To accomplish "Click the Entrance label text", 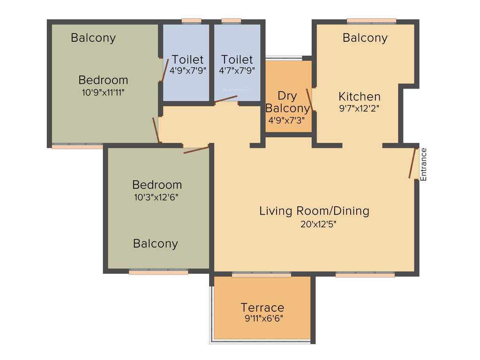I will click(x=424, y=164).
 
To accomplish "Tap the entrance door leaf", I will click(x=413, y=163).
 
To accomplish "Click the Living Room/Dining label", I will click(x=314, y=211).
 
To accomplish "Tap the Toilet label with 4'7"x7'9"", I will click(x=237, y=60).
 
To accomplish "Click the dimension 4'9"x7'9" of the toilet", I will click(x=187, y=71).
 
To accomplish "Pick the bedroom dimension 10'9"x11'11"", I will click(x=103, y=92).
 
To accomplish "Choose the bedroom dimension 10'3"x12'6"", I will click(x=156, y=197).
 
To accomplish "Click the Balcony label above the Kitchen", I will click(x=365, y=38).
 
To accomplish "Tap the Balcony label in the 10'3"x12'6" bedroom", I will click(x=156, y=244).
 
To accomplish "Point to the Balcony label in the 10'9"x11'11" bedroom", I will click(x=93, y=38).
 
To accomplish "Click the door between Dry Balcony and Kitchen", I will click(x=309, y=99).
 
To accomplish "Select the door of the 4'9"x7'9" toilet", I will click(x=165, y=71).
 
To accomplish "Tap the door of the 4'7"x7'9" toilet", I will click(x=225, y=99).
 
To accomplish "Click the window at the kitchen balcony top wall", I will click(x=371, y=20).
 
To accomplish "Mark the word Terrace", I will click(x=262, y=307).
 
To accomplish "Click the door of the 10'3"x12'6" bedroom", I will click(x=196, y=150).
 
